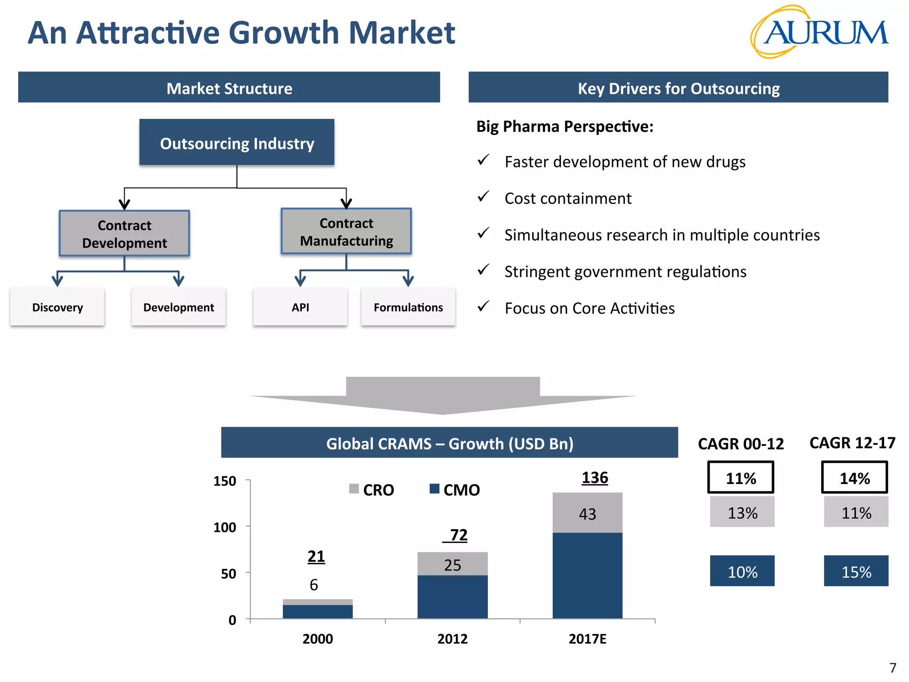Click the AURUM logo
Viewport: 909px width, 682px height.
[819, 32]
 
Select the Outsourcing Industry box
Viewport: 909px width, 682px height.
[237, 143]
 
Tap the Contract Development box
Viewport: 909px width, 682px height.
[124, 234]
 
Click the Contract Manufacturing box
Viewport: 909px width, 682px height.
[346, 231]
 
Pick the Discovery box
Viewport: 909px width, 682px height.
[57, 307]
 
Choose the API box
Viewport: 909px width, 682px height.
[300, 307]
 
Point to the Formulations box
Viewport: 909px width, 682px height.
[408, 307]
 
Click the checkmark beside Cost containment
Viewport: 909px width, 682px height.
[483, 196]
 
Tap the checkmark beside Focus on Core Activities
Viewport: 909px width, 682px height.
[483, 306]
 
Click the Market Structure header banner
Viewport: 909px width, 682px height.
[229, 87]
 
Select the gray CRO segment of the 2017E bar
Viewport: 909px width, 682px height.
[587, 513]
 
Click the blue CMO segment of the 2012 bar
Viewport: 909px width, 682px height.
[452, 596]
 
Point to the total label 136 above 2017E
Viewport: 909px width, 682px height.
[595, 478]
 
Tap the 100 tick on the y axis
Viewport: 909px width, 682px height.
[225, 527]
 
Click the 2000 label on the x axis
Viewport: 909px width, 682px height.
[317, 638]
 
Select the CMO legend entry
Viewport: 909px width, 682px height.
[455, 490]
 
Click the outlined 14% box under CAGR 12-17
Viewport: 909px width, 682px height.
[854, 478]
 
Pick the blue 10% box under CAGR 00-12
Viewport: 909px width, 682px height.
[742, 571]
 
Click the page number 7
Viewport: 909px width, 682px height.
[893, 668]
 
